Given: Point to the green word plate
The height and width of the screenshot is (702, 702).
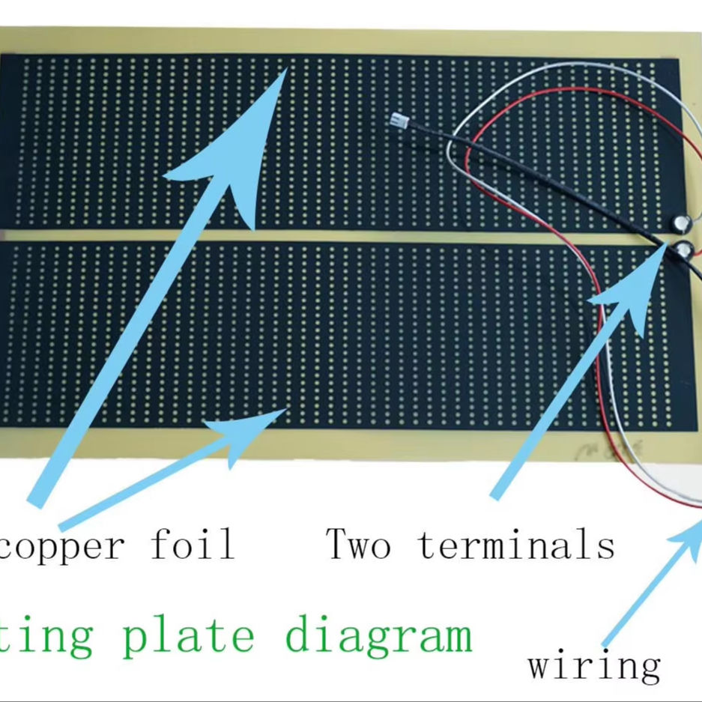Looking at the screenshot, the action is point(187,635).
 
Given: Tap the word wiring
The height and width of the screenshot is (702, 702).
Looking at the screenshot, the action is point(594,665).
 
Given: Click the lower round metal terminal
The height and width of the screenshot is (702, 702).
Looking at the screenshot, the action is point(683,249).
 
